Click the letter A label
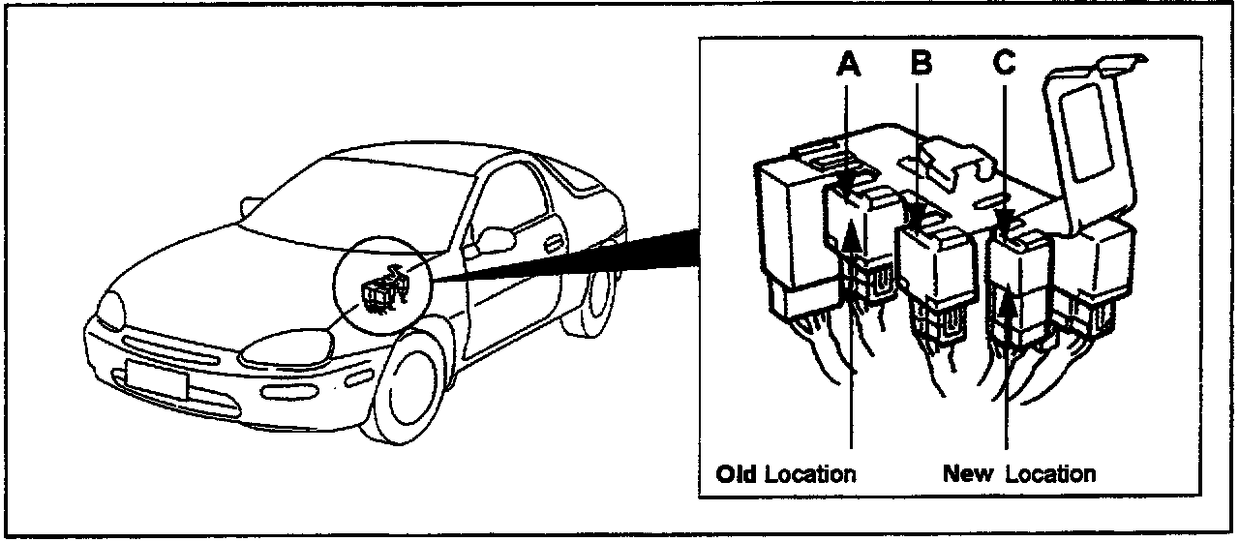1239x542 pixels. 849,64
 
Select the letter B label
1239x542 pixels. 922,64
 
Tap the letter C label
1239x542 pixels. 1004,63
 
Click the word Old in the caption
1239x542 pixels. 738,474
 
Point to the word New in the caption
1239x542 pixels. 969,474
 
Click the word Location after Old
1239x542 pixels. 811,474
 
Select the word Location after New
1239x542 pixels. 1050,474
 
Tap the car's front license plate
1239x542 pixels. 156,378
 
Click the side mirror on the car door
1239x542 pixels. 497,239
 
